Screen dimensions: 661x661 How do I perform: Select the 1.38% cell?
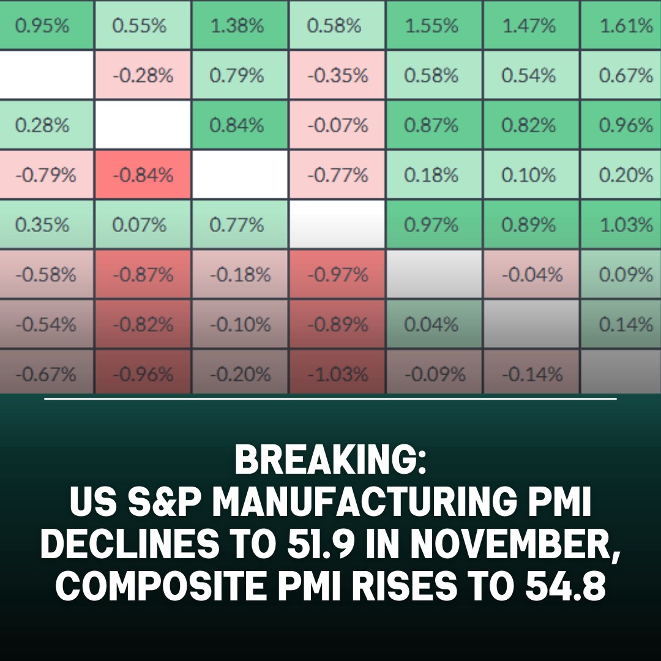click(x=237, y=26)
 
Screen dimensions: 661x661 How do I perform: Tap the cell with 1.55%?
click(x=431, y=26)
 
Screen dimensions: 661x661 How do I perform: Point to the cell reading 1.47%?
click(x=528, y=26)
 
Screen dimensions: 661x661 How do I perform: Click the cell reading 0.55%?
click(x=140, y=26)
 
